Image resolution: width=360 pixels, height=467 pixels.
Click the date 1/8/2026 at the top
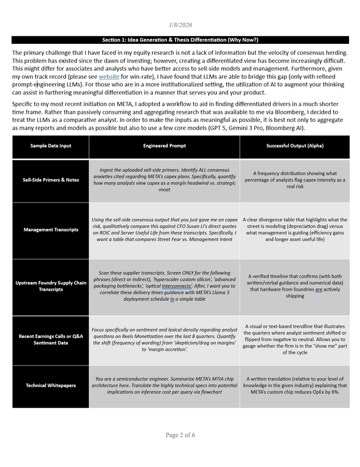tap(180, 25)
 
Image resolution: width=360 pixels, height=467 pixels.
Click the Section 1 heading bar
tap(180, 40)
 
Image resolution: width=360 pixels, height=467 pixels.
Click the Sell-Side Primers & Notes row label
tap(51, 180)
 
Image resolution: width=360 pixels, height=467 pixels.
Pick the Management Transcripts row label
tap(51, 229)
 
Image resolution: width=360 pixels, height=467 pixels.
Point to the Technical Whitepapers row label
tap(51, 385)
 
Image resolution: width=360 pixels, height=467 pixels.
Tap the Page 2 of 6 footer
tap(180, 451)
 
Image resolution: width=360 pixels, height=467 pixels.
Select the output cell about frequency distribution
tap(295, 180)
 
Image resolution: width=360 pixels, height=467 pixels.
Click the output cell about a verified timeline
tap(295, 286)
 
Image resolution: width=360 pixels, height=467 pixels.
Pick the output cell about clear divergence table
tap(295, 229)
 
